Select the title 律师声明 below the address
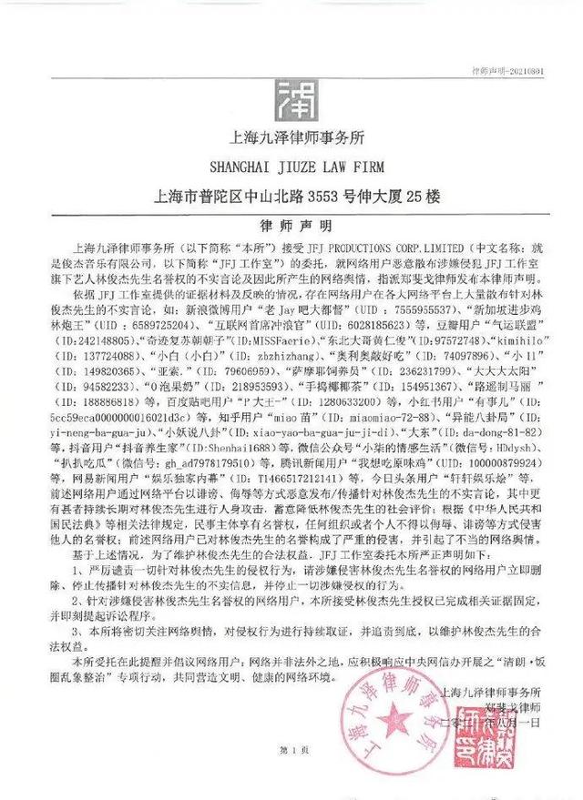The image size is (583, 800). tap(291, 223)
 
